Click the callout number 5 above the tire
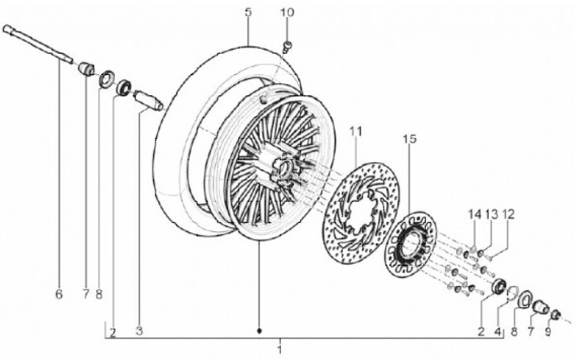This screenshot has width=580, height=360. point(248,12)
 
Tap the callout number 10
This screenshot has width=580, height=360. point(288,12)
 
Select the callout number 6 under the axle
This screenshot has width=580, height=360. point(58,295)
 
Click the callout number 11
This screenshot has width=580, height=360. point(355,130)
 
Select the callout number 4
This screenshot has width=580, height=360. point(499,329)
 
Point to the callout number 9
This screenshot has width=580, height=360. point(548,329)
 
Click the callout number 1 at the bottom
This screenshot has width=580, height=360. point(279,351)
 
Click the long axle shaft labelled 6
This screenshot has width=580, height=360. point(40,47)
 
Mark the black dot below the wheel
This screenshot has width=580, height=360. point(259,331)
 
